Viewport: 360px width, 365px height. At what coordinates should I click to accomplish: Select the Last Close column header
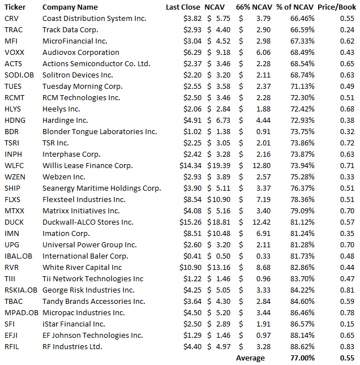tap(183, 7)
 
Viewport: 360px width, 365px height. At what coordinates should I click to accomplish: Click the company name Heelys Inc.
tap(61, 109)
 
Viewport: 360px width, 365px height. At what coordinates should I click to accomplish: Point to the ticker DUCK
tap(14, 222)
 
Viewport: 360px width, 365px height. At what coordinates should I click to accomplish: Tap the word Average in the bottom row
tap(250, 358)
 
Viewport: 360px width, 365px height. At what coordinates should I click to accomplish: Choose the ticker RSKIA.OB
tap(20, 290)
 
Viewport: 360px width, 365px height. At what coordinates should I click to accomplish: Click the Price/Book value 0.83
tap(347, 346)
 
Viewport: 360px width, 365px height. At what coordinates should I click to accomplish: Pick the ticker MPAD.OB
tap(21, 312)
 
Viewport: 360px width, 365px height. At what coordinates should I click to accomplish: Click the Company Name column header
tap(70, 7)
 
